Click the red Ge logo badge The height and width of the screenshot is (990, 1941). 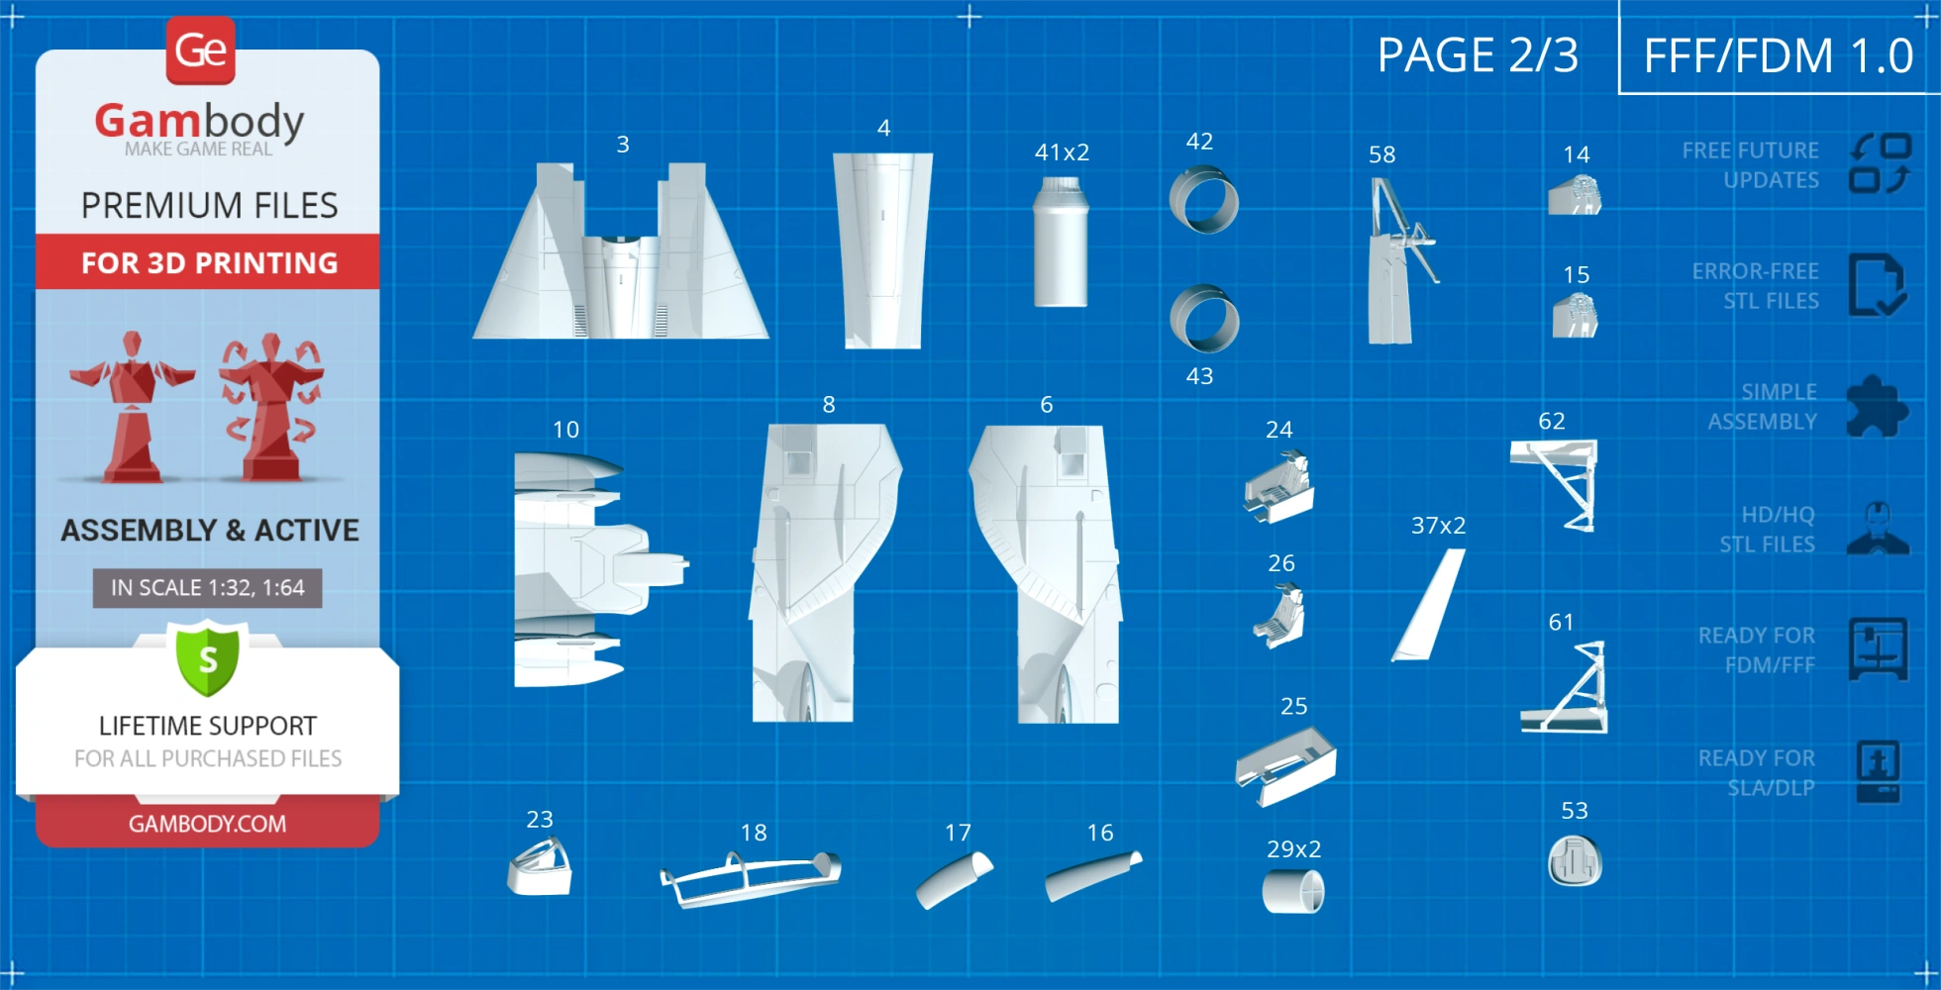tap(201, 49)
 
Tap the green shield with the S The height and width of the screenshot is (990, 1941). tap(208, 658)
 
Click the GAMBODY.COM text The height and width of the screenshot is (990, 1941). tap(208, 824)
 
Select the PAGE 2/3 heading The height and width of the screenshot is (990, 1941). tap(1478, 55)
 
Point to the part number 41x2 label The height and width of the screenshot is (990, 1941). tap(1062, 152)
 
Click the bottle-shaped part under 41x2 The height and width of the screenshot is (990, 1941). tap(1061, 243)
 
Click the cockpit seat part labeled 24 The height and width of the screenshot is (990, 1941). tap(1278, 486)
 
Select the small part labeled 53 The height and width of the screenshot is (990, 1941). tap(1575, 860)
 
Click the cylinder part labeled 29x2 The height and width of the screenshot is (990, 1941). tap(1293, 891)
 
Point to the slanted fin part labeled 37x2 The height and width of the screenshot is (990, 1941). tap(1428, 605)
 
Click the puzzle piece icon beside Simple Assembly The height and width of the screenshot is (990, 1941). tap(1877, 406)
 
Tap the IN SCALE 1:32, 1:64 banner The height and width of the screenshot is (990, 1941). tap(208, 588)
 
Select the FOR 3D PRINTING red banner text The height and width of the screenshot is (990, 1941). tap(210, 263)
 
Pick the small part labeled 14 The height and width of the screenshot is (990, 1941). tap(1575, 195)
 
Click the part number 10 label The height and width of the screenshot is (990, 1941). tap(565, 430)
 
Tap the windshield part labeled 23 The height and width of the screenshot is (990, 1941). tap(540, 866)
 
